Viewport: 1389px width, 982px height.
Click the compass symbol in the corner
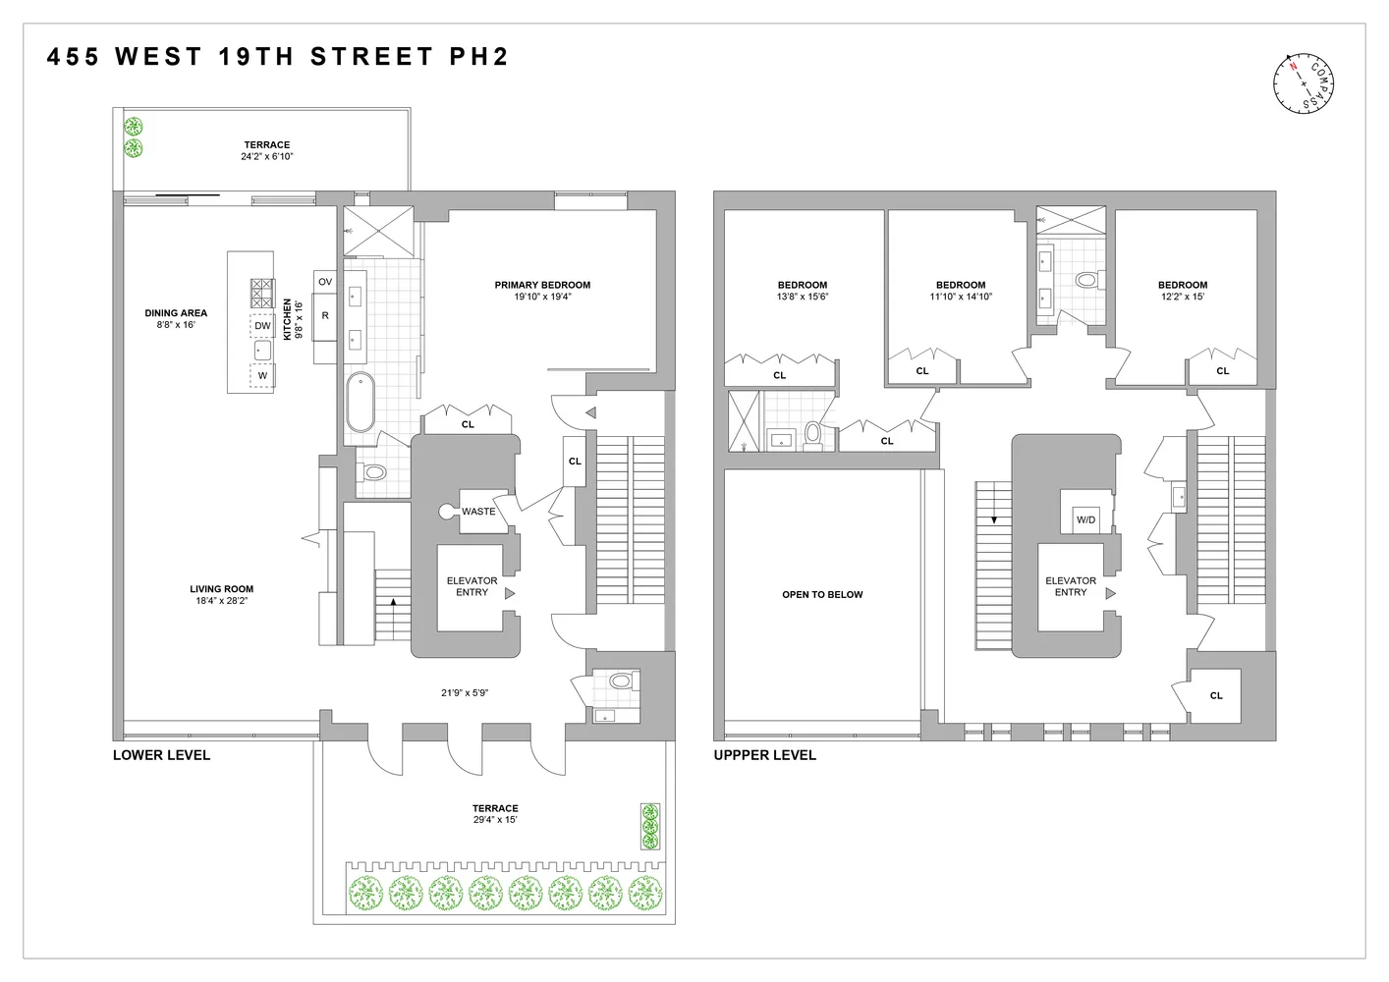tap(1305, 81)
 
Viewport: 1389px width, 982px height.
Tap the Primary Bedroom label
tap(542, 286)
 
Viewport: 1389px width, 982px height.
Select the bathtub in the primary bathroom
tap(360, 403)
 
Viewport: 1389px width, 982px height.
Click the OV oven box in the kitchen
tap(325, 282)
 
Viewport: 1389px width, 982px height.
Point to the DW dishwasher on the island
tap(262, 326)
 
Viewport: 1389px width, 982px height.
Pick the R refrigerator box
tap(325, 316)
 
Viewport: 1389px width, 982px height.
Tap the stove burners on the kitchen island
tap(262, 293)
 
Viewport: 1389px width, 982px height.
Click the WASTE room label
tap(478, 512)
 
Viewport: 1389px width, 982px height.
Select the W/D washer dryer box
tap(1085, 519)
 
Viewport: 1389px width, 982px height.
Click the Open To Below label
tap(822, 595)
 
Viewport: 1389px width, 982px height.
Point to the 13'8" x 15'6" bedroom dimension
tap(803, 297)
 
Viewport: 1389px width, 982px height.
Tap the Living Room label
tap(221, 590)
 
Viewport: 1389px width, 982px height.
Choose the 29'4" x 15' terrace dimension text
tap(495, 820)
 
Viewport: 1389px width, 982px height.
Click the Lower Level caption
tap(161, 755)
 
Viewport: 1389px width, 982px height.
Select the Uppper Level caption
tap(764, 755)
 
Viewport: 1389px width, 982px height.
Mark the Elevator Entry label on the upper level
tap(1070, 586)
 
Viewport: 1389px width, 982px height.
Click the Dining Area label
tap(176, 314)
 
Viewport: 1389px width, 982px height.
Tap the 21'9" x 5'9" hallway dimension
tap(465, 693)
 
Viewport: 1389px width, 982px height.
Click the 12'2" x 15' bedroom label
tap(1182, 297)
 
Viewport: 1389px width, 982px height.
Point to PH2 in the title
tap(479, 57)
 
